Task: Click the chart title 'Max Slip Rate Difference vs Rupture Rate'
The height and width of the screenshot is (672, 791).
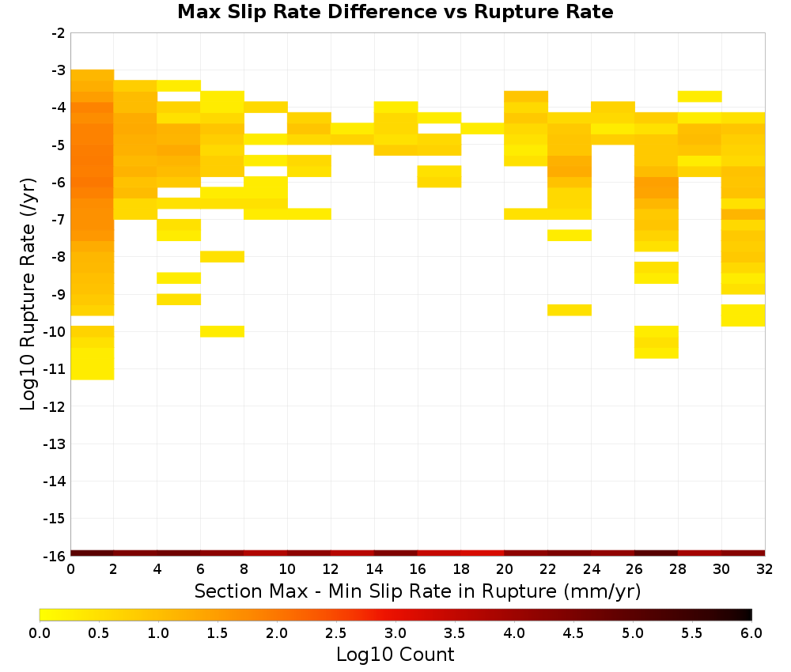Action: (x=395, y=12)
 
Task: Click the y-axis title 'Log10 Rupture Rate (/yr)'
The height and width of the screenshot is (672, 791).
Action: (x=28, y=294)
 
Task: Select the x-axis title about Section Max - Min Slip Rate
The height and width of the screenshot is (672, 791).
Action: (x=417, y=591)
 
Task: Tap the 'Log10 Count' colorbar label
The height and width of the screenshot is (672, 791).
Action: (x=395, y=655)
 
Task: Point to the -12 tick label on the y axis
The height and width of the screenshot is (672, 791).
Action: (x=55, y=406)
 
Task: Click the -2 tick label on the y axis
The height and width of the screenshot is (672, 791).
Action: (x=58, y=33)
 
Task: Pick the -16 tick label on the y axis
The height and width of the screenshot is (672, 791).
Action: (x=55, y=556)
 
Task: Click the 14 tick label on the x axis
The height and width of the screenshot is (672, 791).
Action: (x=374, y=569)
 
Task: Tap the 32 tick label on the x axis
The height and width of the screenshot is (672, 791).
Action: (x=764, y=569)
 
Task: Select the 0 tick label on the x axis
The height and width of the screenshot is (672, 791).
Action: (x=70, y=569)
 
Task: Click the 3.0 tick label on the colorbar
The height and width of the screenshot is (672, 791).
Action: (x=395, y=633)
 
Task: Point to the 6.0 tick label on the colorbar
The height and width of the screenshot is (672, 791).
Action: (x=751, y=633)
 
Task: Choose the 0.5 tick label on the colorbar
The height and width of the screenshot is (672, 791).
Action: (x=98, y=633)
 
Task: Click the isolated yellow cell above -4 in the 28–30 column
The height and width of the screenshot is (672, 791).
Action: (x=700, y=96)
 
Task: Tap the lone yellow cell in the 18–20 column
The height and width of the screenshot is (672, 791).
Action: (x=483, y=128)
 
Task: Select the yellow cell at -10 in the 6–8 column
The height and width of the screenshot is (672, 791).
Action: (x=222, y=331)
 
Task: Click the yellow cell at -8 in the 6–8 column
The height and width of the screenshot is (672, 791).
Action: (x=222, y=257)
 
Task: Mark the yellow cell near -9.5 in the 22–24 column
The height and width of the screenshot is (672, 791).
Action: (x=570, y=310)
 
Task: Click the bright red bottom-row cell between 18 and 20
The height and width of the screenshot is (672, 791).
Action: (x=483, y=553)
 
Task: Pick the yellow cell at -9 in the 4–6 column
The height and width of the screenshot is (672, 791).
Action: (x=179, y=300)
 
